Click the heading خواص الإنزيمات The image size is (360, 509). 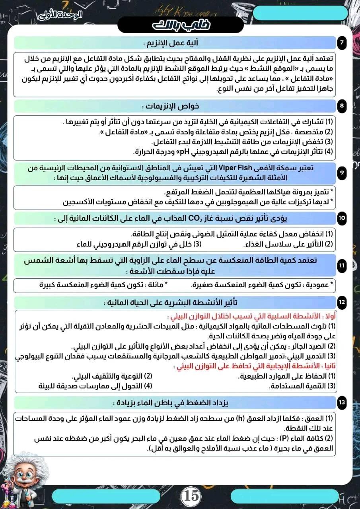[x=171, y=107]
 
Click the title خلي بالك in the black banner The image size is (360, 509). [x=181, y=25]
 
